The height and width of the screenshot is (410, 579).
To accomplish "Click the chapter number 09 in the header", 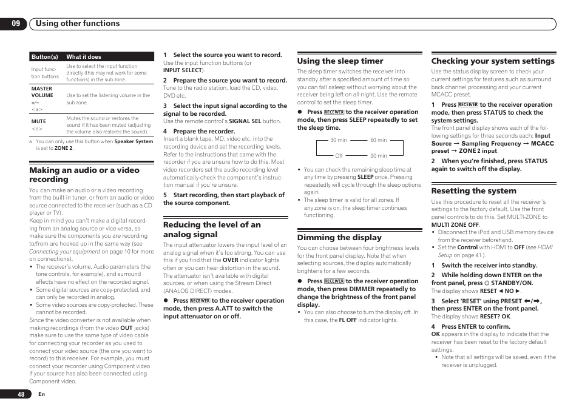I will tap(15, 24).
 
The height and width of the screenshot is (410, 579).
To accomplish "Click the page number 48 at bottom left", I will tap(21, 394).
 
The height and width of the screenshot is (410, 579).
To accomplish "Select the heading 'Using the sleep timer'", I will tap(340, 61).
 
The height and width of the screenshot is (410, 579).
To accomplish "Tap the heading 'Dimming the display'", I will tap(339, 238).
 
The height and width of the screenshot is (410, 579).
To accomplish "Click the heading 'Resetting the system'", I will tap(473, 191).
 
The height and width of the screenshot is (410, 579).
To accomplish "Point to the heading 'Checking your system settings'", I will tap(493, 61).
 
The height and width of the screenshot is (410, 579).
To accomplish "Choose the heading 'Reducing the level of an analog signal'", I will tap(212, 229).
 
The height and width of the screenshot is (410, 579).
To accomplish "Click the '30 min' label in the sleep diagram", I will tap(339, 140).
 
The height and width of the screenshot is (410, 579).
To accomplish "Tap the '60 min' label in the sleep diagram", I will tap(378, 140).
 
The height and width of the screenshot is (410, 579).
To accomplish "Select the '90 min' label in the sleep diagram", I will tap(378, 156).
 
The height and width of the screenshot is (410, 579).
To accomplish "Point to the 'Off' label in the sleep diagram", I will tap(339, 156).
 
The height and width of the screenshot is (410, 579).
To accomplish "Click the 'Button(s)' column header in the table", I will tap(44, 57).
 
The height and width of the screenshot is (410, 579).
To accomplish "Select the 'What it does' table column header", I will tap(84, 57).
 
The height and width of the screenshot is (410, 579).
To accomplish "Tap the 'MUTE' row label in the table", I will tap(39, 121).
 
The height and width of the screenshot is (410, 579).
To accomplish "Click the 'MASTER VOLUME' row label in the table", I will tap(42, 92).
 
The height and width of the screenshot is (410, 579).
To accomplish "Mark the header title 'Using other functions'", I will tap(78, 24).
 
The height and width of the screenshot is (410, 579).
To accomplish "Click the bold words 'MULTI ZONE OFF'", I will tap(455, 225).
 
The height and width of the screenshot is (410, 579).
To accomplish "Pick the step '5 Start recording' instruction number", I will tap(164, 195).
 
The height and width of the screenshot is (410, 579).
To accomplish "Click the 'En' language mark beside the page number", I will tap(41, 394).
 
